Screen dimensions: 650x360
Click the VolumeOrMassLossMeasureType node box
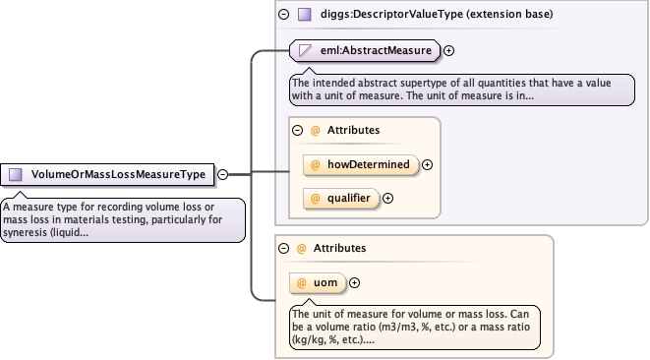[107, 175]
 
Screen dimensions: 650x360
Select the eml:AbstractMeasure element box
[365, 50]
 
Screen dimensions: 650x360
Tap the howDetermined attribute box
[361, 164]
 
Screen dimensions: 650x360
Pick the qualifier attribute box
[341, 199]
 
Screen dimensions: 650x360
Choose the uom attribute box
[318, 283]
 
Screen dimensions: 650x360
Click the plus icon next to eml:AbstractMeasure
[448, 50]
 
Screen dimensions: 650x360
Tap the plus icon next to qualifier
[387, 199]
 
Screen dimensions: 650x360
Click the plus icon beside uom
[354, 283]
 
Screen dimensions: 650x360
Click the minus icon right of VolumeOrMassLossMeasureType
[222, 175]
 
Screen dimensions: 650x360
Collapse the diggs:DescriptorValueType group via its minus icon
[283, 15]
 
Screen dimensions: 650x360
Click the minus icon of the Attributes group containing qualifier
[297, 130]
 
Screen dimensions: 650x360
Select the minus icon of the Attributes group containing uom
[283, 249]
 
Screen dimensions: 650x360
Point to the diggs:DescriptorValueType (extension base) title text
[437, 14]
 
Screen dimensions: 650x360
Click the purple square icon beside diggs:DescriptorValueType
[305, 15]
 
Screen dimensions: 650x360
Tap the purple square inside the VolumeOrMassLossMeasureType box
[16, 175]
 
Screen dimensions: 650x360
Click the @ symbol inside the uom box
[301, 283]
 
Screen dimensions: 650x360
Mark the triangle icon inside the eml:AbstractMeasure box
[305, 50]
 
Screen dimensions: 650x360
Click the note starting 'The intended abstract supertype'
[462, 90]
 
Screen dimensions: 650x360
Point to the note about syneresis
[123, 219]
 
